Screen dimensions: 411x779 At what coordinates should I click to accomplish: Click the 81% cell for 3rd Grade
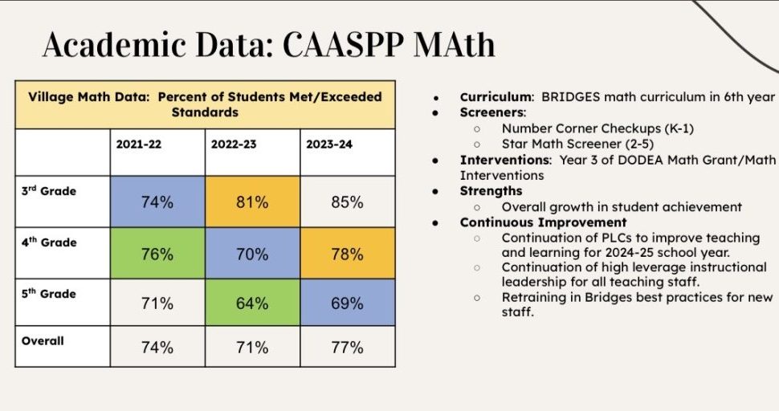pos(252,202)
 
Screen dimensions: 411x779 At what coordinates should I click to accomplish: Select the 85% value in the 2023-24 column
pos(347,202)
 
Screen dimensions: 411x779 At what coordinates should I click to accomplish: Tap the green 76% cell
pos(157,254)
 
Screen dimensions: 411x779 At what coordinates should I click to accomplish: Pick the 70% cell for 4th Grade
pos(252,254)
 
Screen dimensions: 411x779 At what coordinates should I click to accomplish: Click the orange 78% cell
pos(347,254)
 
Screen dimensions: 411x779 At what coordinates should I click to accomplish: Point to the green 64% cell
pos(252,304)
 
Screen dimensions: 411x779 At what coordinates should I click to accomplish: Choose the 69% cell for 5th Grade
pos(347,304)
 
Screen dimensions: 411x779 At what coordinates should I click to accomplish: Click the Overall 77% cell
pos(347,348)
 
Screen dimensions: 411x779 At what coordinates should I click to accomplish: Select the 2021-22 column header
pos(139,144)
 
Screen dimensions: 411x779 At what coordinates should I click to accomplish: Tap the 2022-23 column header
pos(234,144)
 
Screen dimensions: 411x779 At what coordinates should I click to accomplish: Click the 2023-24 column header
pos(328,144)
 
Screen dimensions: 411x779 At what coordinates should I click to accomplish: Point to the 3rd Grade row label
pos(49,191)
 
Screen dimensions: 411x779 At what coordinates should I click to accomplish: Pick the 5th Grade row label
pos(49,294)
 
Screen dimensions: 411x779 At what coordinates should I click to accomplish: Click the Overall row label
pos(43,340)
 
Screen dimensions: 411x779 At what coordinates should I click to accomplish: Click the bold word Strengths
pos(491,191)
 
